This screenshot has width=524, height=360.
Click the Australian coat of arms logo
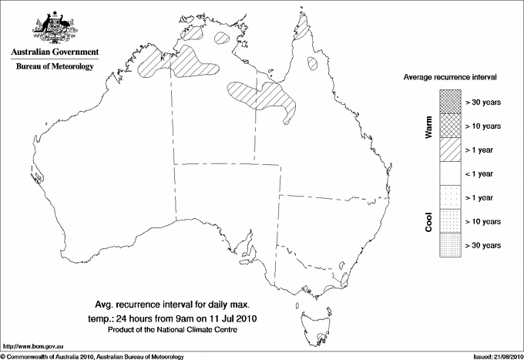coord(52,29)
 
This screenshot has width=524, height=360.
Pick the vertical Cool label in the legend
coord(429,221)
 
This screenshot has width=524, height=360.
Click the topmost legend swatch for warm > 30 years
coord(450,101)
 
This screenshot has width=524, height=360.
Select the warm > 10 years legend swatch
coord(450,125)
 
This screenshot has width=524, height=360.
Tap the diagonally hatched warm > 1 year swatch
coord(450,149)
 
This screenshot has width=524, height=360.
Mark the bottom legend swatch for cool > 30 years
coord(450,245)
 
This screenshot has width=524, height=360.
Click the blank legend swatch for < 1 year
coord(450,173)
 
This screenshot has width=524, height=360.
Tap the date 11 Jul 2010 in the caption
coord(245,317)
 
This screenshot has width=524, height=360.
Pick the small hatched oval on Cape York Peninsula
coord(313,63)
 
